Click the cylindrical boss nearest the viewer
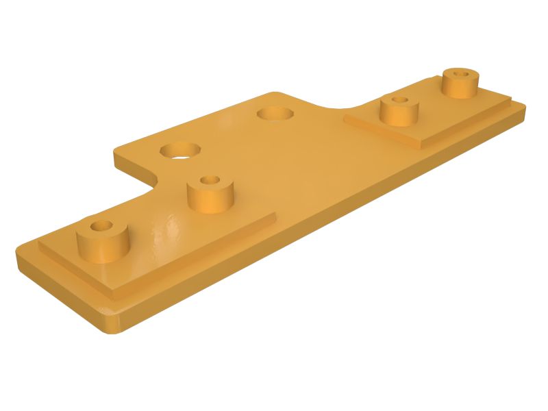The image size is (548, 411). [103, 243]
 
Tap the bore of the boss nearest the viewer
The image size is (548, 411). [103, 225]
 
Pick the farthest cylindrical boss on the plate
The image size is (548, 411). [460, 84]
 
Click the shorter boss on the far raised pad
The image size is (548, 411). [399, 112]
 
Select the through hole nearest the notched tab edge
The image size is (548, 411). [180, 149]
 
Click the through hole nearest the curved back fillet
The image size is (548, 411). [275, 112]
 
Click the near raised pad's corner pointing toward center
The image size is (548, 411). [273, 218]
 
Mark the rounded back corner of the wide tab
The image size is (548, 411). [274, 94]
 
